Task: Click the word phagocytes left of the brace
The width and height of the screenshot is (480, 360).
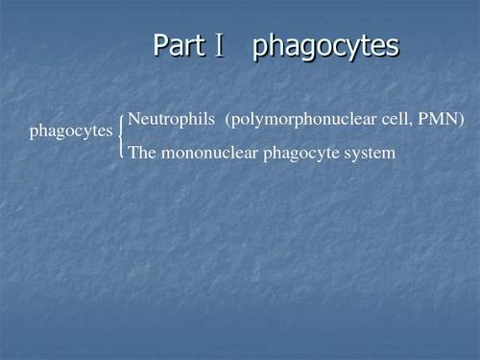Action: point(71,132)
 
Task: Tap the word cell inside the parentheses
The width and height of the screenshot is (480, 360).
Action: point(393,119)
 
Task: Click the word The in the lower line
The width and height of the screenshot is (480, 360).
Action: point(142,152)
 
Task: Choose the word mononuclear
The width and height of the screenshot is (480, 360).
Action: point(207,152)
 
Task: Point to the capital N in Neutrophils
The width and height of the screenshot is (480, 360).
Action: point(133,119)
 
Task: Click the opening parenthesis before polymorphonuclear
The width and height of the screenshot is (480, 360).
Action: point(228,120)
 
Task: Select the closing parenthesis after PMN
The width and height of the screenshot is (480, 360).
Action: point(462,120)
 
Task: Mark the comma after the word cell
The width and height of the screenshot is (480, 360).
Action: point(408,124)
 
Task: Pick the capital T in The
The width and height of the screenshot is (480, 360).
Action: point(132,152)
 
